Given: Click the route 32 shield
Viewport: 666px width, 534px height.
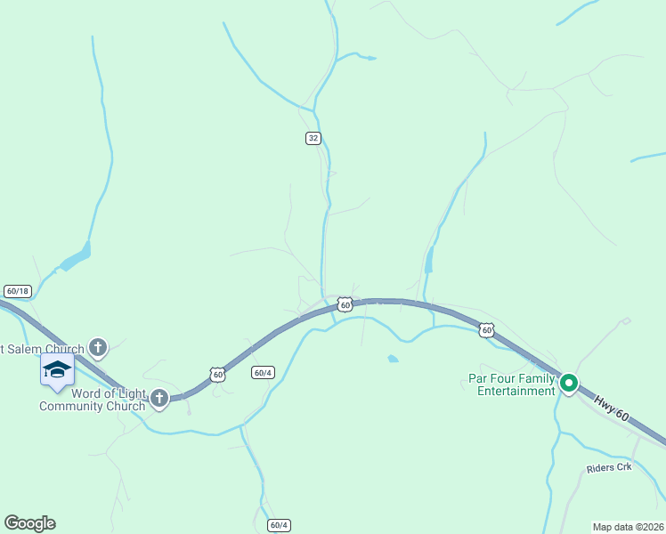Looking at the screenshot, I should click(313, 138).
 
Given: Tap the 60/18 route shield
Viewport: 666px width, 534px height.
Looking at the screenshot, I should click(17, 291).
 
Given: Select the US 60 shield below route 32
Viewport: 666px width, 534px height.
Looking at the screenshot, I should click(345, 305).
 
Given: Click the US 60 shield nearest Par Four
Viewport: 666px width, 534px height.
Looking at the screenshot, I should click(486, 330).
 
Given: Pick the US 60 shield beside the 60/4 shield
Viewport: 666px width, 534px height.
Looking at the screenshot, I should click(218, 375).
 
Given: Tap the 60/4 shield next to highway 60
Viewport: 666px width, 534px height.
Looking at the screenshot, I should click(262, 372).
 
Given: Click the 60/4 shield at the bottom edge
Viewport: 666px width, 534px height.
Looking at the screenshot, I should click(279, 525).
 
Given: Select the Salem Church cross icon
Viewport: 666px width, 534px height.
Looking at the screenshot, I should click(98, 347).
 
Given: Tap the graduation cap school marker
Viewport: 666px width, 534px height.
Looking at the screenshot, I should click(57, 369).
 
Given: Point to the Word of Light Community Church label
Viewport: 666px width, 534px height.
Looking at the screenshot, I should click(93, 400).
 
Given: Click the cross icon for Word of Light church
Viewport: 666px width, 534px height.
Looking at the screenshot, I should click(159, 398).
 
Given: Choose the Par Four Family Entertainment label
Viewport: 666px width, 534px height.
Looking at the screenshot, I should click(511, 384).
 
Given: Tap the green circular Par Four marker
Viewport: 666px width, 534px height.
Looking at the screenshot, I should click(568, 384).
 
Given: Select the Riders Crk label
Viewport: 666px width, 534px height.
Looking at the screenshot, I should click(608, 467).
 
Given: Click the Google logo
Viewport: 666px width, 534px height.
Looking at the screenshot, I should click(29, 523).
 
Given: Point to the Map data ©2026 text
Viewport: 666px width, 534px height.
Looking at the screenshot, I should click(627, 527).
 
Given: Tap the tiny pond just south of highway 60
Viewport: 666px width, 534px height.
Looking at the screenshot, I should click(393, 359).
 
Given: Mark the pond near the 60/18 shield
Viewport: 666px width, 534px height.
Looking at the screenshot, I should click(76, 259).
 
